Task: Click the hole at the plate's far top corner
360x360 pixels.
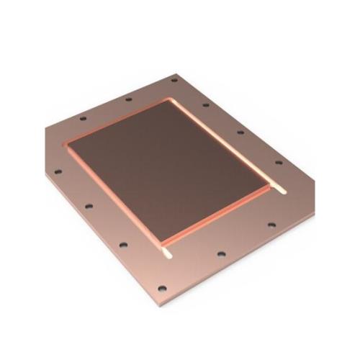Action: [174, 79]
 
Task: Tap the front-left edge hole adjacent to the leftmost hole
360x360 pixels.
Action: [88, 206]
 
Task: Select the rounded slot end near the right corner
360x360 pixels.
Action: [282, 192]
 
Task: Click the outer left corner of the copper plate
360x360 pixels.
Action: [44, 130]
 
